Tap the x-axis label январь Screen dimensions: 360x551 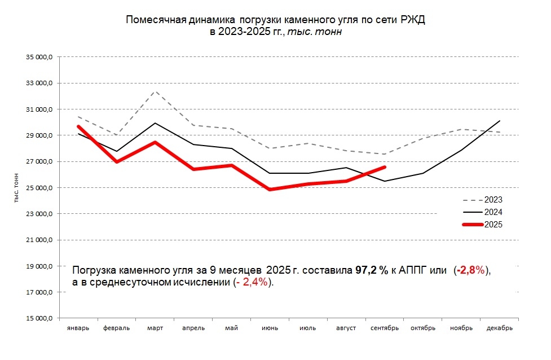pyautogui.click(x=78, y=328)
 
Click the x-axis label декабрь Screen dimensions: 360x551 pyautogui.click(x=499, y=328)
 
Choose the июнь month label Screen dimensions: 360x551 pyautogui.click(x=270, y=328)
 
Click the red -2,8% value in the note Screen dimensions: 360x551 pyautogui.click(x=471, y=271)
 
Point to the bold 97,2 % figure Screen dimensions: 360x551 pyautogui.click(x=371, y=271)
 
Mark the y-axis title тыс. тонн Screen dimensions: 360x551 pyautogui.click(x=16, y=188)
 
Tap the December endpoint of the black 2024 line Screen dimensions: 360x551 pyautogui.click(x=500, y=121)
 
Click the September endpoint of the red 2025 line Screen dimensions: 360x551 pyautogui.click(x=385, y=167)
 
